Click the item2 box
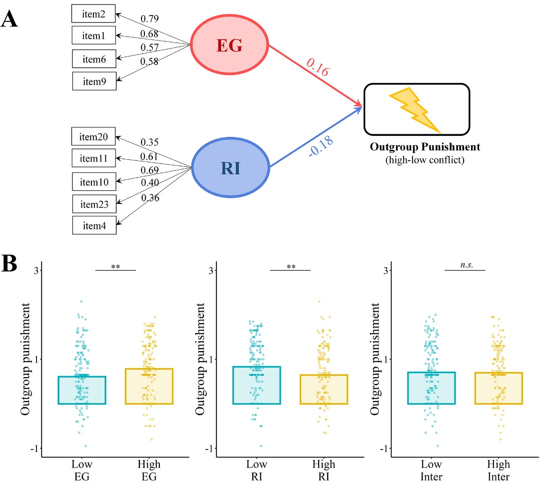(94, 15)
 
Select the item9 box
(94, 80)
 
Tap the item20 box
(94, 136)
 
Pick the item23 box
(94, 203)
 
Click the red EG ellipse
(229, 45)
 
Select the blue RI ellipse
(229, 168)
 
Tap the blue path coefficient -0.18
(321, 145)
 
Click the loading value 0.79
(149, 19)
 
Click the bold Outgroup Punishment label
(425, 147)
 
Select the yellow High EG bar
(149, 386)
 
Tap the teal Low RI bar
(257, 385)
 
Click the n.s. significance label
(465, 265)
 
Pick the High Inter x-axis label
(498, 470)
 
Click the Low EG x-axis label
(82, 470)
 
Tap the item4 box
(94, 225)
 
